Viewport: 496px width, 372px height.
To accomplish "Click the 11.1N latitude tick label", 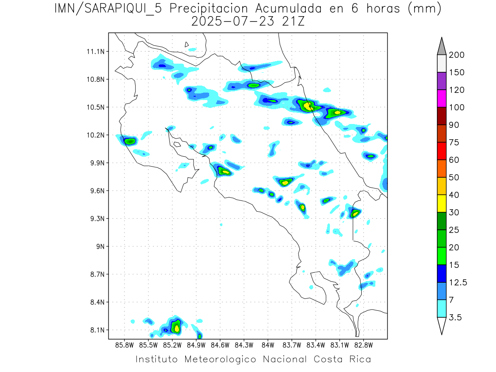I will (95, 52).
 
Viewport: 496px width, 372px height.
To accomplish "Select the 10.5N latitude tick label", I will (95, 107).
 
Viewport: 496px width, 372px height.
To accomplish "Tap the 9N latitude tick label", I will (99, 246).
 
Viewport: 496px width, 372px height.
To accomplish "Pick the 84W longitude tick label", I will (268, 344).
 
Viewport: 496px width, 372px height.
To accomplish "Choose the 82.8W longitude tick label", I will (363, 344).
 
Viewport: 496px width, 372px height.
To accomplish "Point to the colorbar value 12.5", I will (458, 283).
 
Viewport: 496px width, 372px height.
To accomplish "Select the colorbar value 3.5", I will (456, 317).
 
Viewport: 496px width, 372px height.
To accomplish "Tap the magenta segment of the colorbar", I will (441, 99).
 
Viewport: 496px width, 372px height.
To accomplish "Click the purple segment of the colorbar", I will (441, 81).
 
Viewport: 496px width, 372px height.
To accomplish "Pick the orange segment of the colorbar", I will (441, 169).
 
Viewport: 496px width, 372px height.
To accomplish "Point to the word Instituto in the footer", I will (157, 359).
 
